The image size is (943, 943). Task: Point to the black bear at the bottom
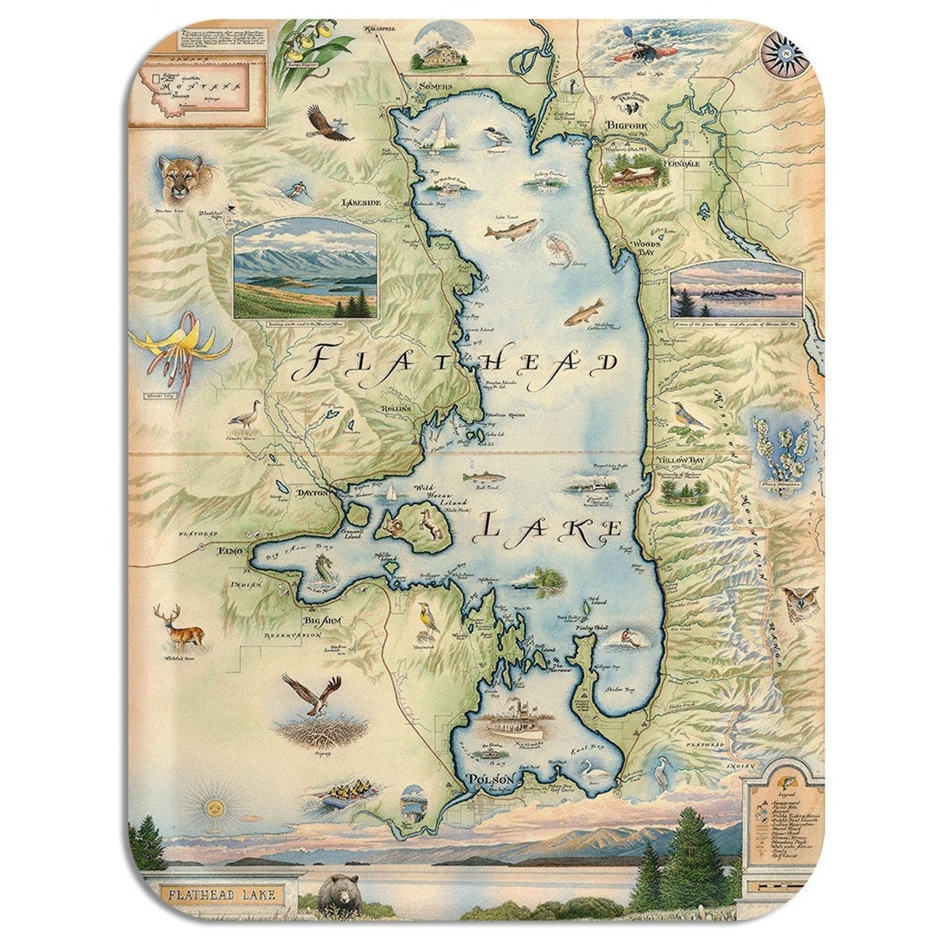pos(339,896)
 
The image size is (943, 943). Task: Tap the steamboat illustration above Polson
pos(515,722)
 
